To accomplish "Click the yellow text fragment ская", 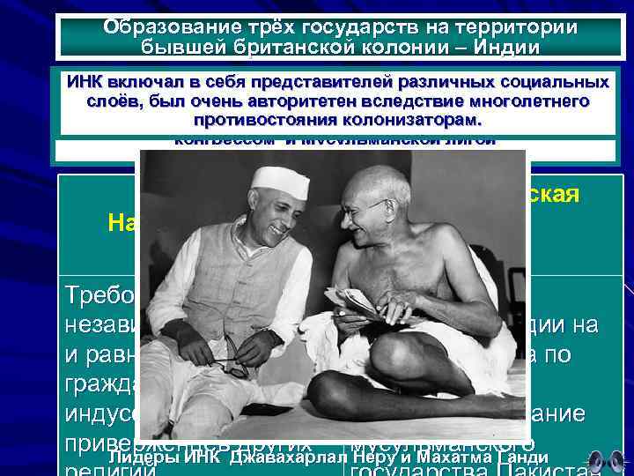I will coord(555,196).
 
